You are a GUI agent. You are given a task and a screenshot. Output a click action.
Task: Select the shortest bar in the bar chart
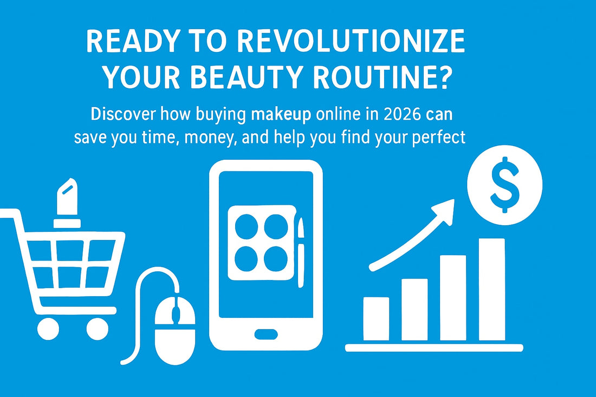coord(375,318)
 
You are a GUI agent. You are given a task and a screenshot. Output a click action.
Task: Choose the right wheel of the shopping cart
coord(97,328)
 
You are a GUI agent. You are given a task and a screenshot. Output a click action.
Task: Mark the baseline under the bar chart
coord(434,348)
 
